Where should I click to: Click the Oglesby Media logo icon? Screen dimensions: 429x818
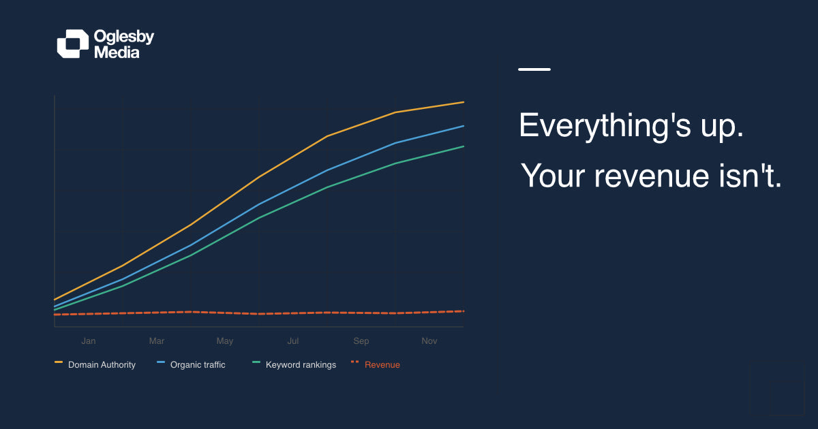click(72, 44)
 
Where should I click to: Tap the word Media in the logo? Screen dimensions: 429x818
click(117, 52)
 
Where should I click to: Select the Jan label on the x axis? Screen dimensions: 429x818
click(89, 341)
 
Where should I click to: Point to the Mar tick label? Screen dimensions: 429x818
click(157, 341)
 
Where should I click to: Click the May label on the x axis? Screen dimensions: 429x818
click(225, 341)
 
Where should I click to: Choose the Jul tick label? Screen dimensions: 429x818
click(293, 341)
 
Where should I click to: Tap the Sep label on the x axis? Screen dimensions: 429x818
click(361, 341)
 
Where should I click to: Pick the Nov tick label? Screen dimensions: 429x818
click(429, 341)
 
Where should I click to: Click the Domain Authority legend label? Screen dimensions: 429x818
click(102, 365)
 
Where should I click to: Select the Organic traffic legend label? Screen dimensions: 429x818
click(198, 365)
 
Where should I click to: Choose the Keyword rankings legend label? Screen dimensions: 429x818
click(301, 365)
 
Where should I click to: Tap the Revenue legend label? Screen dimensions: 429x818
click(382, 365)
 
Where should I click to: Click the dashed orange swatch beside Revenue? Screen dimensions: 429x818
click(354, 362)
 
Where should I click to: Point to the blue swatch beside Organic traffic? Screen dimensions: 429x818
click(161, 362)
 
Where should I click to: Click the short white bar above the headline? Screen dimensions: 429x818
click(534, 69)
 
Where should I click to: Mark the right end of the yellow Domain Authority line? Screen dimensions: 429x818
click(463, 102)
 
